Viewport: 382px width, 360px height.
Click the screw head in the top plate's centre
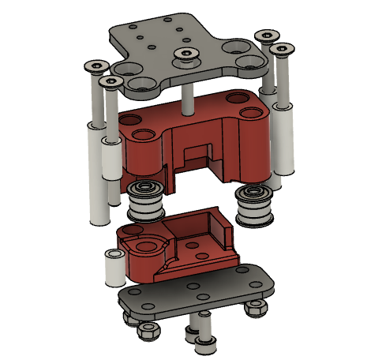pyautogui.click(x=185, y=54)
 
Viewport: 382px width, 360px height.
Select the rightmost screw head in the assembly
pyautogui.click(x=279, y=50)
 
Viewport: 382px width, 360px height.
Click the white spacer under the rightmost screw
pyautogui.click(x=285, y=138)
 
